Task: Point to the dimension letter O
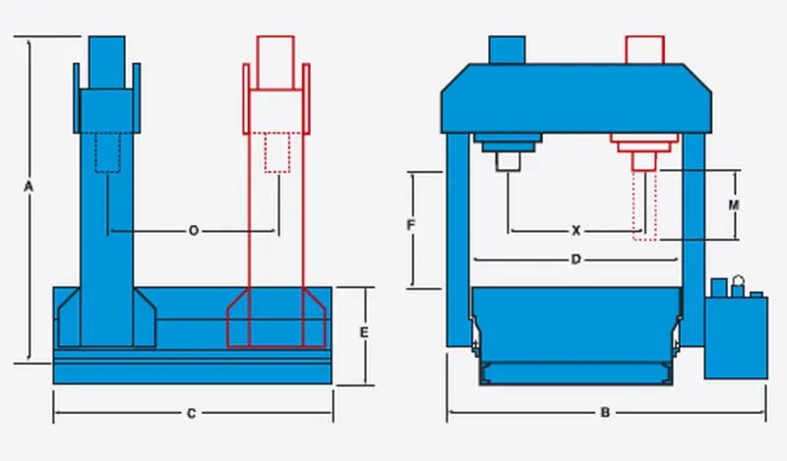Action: coord(193,231)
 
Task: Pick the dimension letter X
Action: coord(576,231)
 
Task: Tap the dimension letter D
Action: coord(576,259)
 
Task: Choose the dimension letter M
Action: coord(733,205)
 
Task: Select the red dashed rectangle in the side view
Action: coord(278,152)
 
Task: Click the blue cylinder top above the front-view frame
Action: coord(507,49)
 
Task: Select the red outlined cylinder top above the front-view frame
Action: coord(644,49)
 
